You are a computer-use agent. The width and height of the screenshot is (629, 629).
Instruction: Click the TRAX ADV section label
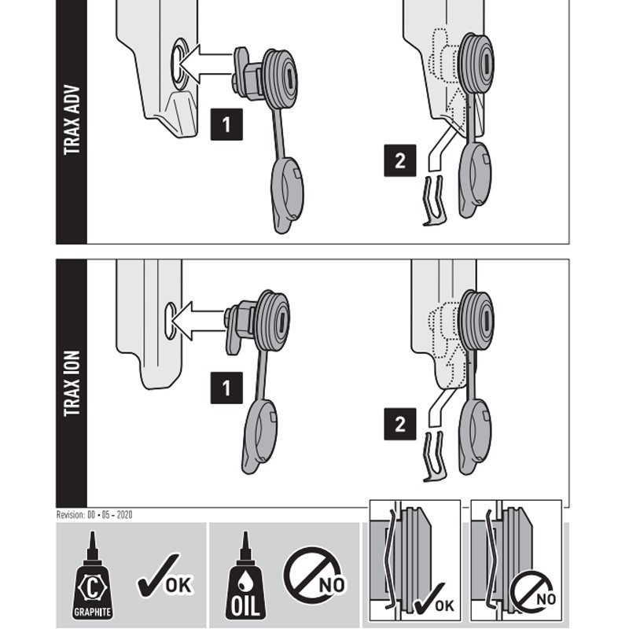[x=72, y=120]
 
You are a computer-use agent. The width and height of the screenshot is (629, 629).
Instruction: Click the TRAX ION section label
[x=72, y=384]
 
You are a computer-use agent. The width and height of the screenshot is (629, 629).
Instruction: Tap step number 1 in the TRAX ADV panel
[x=226, y=124]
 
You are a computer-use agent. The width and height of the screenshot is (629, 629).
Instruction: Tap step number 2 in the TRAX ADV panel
[x=400, y=160]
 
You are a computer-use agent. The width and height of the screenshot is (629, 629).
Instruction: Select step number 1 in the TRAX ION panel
[x=226, y=388]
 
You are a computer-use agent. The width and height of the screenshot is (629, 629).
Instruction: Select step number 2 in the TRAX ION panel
[x=400, y=424]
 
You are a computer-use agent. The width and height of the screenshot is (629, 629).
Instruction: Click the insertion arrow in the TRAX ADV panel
[x=204, y=64]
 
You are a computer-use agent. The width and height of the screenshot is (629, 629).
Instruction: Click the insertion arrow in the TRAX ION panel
[x=197, y=321]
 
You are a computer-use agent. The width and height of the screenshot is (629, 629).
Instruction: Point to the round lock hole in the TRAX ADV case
[x=179, y=64]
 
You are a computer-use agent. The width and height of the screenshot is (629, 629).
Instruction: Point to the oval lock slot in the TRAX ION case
[x=171, y=321]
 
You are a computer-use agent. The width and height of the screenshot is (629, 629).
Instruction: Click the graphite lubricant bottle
[x=92, y=576]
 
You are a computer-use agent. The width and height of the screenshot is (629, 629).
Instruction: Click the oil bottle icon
[x=245, y=576]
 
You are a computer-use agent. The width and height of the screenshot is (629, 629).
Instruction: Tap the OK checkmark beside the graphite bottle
[x=165, y=576]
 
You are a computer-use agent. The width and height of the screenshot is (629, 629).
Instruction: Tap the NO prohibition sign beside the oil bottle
[x=314, y=576]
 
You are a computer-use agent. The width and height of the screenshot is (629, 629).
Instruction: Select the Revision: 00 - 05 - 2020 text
[x=94, y=515]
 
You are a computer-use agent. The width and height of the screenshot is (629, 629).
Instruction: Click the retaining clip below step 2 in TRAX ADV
[x=434, y=200]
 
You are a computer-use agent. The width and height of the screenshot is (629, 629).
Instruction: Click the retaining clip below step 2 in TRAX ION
[x=434, y=457]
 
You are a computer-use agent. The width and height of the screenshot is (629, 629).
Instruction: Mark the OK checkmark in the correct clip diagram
[x=433, y=598]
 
